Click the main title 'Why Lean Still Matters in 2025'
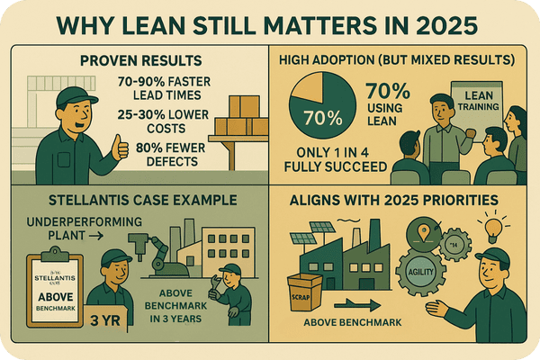270,22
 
